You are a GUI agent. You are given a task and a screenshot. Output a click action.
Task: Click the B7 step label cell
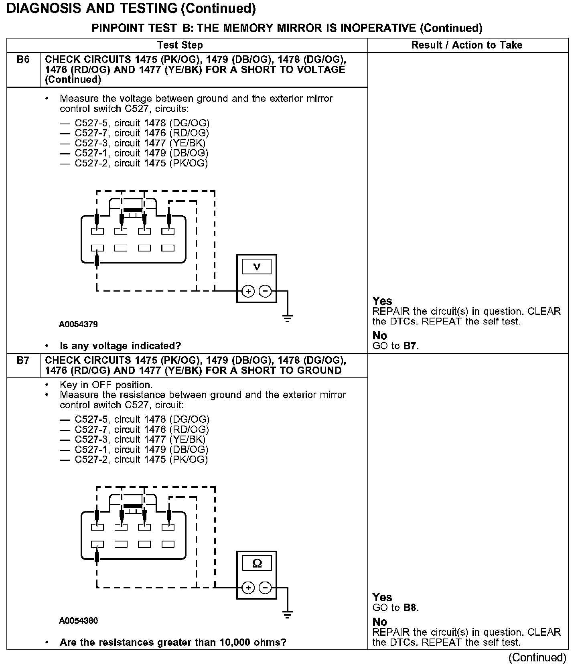pos(23,360)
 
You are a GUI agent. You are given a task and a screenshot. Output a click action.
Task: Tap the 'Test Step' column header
pos(180,45)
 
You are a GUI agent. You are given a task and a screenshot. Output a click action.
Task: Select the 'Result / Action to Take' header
pos(467,45)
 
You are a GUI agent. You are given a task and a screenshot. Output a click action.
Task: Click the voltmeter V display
pos(257,267)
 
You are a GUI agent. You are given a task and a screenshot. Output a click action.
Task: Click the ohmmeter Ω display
pos(257,564)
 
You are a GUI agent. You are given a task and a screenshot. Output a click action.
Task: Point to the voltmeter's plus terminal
pos(248,291)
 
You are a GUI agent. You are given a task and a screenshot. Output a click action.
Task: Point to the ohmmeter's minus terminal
pos(265,588)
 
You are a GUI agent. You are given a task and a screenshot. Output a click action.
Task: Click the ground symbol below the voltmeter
pos(287,319)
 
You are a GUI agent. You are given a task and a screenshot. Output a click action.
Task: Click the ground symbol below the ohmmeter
pos(287,615)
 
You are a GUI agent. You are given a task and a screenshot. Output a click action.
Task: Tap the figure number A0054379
pos(78,324)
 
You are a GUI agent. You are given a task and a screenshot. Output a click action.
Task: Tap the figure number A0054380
pos(78,620)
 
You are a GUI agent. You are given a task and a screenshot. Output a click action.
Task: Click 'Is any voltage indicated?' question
pos(120,346)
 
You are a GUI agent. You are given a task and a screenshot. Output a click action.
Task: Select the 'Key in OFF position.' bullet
pos(106,385)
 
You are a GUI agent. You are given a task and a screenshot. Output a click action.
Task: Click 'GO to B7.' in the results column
pos(395,346)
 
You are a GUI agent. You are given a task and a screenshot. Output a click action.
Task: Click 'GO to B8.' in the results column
pos(395,608)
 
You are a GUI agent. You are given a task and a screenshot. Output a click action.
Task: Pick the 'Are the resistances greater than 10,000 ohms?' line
pos(173,642)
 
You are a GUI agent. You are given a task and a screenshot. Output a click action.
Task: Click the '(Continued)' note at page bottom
pos(537,657)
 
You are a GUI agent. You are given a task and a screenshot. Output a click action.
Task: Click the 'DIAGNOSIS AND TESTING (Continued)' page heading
pos(131,9)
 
